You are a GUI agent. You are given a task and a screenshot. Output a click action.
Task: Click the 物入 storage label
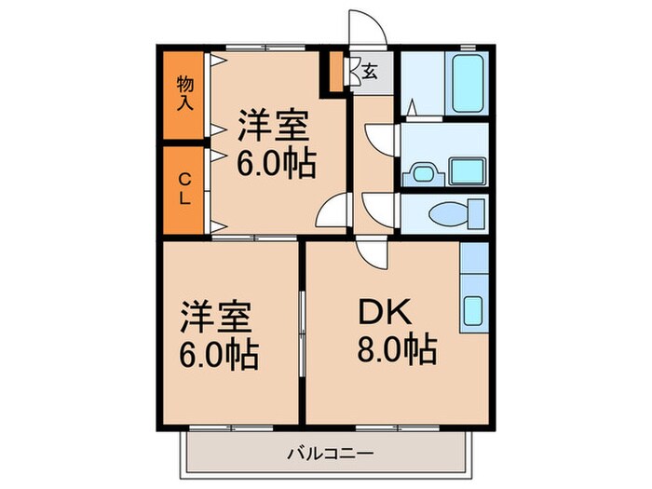pos(184,93)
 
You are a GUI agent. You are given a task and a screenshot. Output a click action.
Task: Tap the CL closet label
pos(184,189)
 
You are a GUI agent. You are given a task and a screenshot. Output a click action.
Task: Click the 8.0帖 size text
pos(395,352)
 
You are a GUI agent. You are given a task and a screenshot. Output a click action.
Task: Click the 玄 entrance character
pos(370,70)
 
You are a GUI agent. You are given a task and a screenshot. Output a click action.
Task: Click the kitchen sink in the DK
pos(472,309)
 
